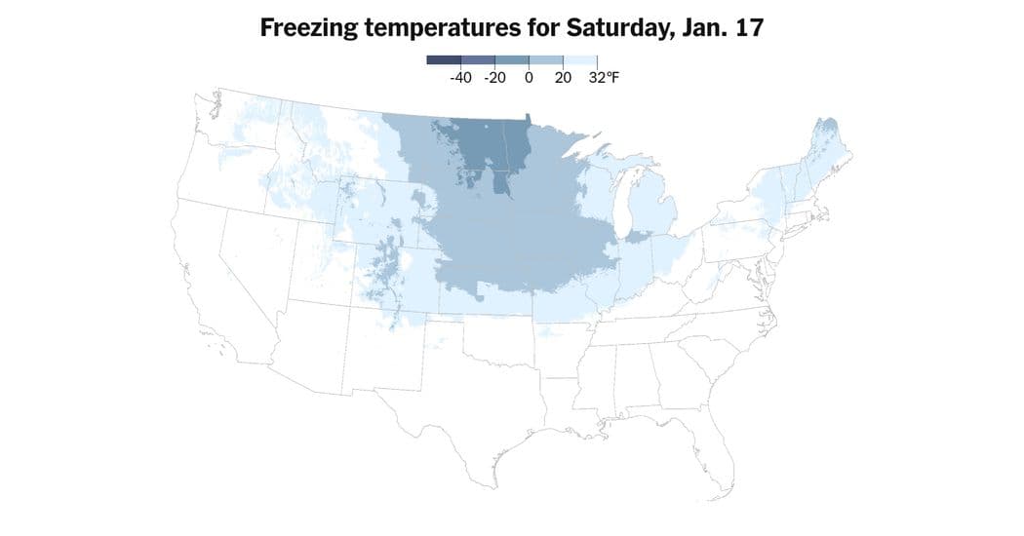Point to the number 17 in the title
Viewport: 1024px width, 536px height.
(x=748, y=28)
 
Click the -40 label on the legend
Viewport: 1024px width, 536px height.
(x=461, y=77)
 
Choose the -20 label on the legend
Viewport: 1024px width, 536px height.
(x=494, y=77)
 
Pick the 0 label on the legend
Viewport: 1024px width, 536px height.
(x=529, y=77)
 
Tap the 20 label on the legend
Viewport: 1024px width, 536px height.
(x=563, y=77)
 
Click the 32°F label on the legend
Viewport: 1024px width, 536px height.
(x=604, y=77)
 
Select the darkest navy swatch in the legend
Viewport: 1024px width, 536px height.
(x=444, y=60)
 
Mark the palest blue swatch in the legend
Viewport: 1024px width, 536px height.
(x=580, y=60)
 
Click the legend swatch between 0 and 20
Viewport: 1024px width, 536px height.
(x=546, y=60)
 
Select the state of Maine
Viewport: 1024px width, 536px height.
(x=829, y=146)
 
